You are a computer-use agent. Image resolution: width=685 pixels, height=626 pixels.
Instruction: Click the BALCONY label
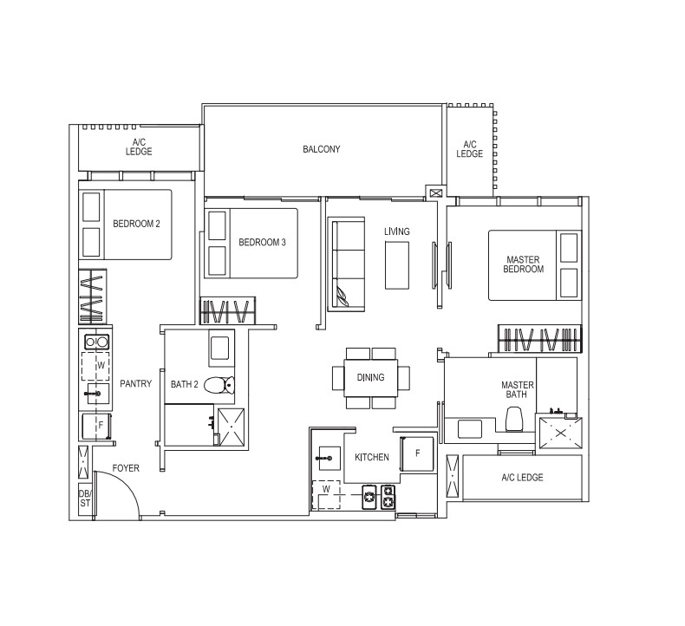point(321,149)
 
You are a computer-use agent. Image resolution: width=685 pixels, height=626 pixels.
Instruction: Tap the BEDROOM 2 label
point(136,224)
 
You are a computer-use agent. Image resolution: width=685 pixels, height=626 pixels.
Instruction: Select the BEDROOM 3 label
point(262,243)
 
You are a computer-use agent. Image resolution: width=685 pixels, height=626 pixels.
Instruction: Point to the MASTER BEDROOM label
point(523,264)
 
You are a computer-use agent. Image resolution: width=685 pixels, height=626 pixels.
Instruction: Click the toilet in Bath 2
point(219,385)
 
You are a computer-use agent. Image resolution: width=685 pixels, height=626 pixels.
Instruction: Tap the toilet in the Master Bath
point(513,420)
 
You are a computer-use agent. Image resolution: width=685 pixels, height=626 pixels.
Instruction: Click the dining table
point(371,378)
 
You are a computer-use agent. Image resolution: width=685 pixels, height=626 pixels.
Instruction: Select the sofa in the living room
point(346,264)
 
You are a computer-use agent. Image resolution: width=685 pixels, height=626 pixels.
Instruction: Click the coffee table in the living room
point(396,265)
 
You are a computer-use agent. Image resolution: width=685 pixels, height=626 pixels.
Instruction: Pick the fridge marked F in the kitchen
point(417,453)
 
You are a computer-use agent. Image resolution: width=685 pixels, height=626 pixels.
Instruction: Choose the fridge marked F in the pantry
point(96,427)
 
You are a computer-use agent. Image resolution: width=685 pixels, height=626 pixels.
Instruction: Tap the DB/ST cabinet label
point(85,499)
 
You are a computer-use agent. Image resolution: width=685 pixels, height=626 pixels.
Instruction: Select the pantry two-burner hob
point(96,342)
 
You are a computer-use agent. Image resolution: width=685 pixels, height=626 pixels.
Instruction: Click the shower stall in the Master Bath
point(560,433)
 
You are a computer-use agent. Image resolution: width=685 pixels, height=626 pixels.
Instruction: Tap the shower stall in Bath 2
point(232,427)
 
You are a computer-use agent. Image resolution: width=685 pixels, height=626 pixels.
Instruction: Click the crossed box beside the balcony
point(435,192)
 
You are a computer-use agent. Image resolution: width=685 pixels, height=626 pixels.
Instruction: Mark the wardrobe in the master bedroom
point(539,338)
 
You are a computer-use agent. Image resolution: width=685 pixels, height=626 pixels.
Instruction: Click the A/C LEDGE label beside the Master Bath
point(522,478)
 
